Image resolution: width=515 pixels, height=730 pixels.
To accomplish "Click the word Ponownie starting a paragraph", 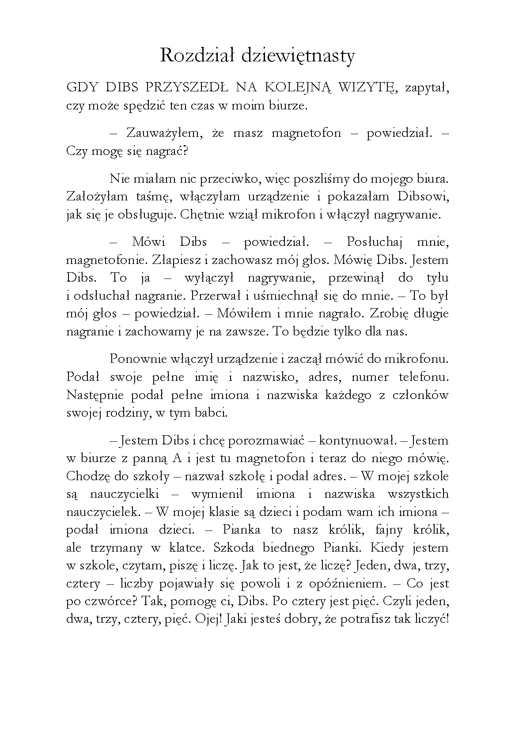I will (x=140, y=359).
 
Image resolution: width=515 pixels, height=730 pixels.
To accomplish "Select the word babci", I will (x=214, y=413).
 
